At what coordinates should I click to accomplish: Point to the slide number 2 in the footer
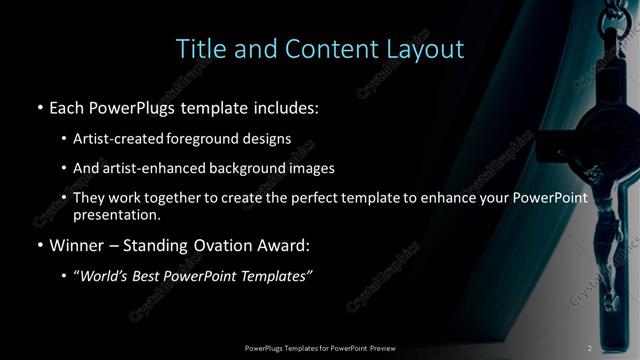(x=590, y=348)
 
